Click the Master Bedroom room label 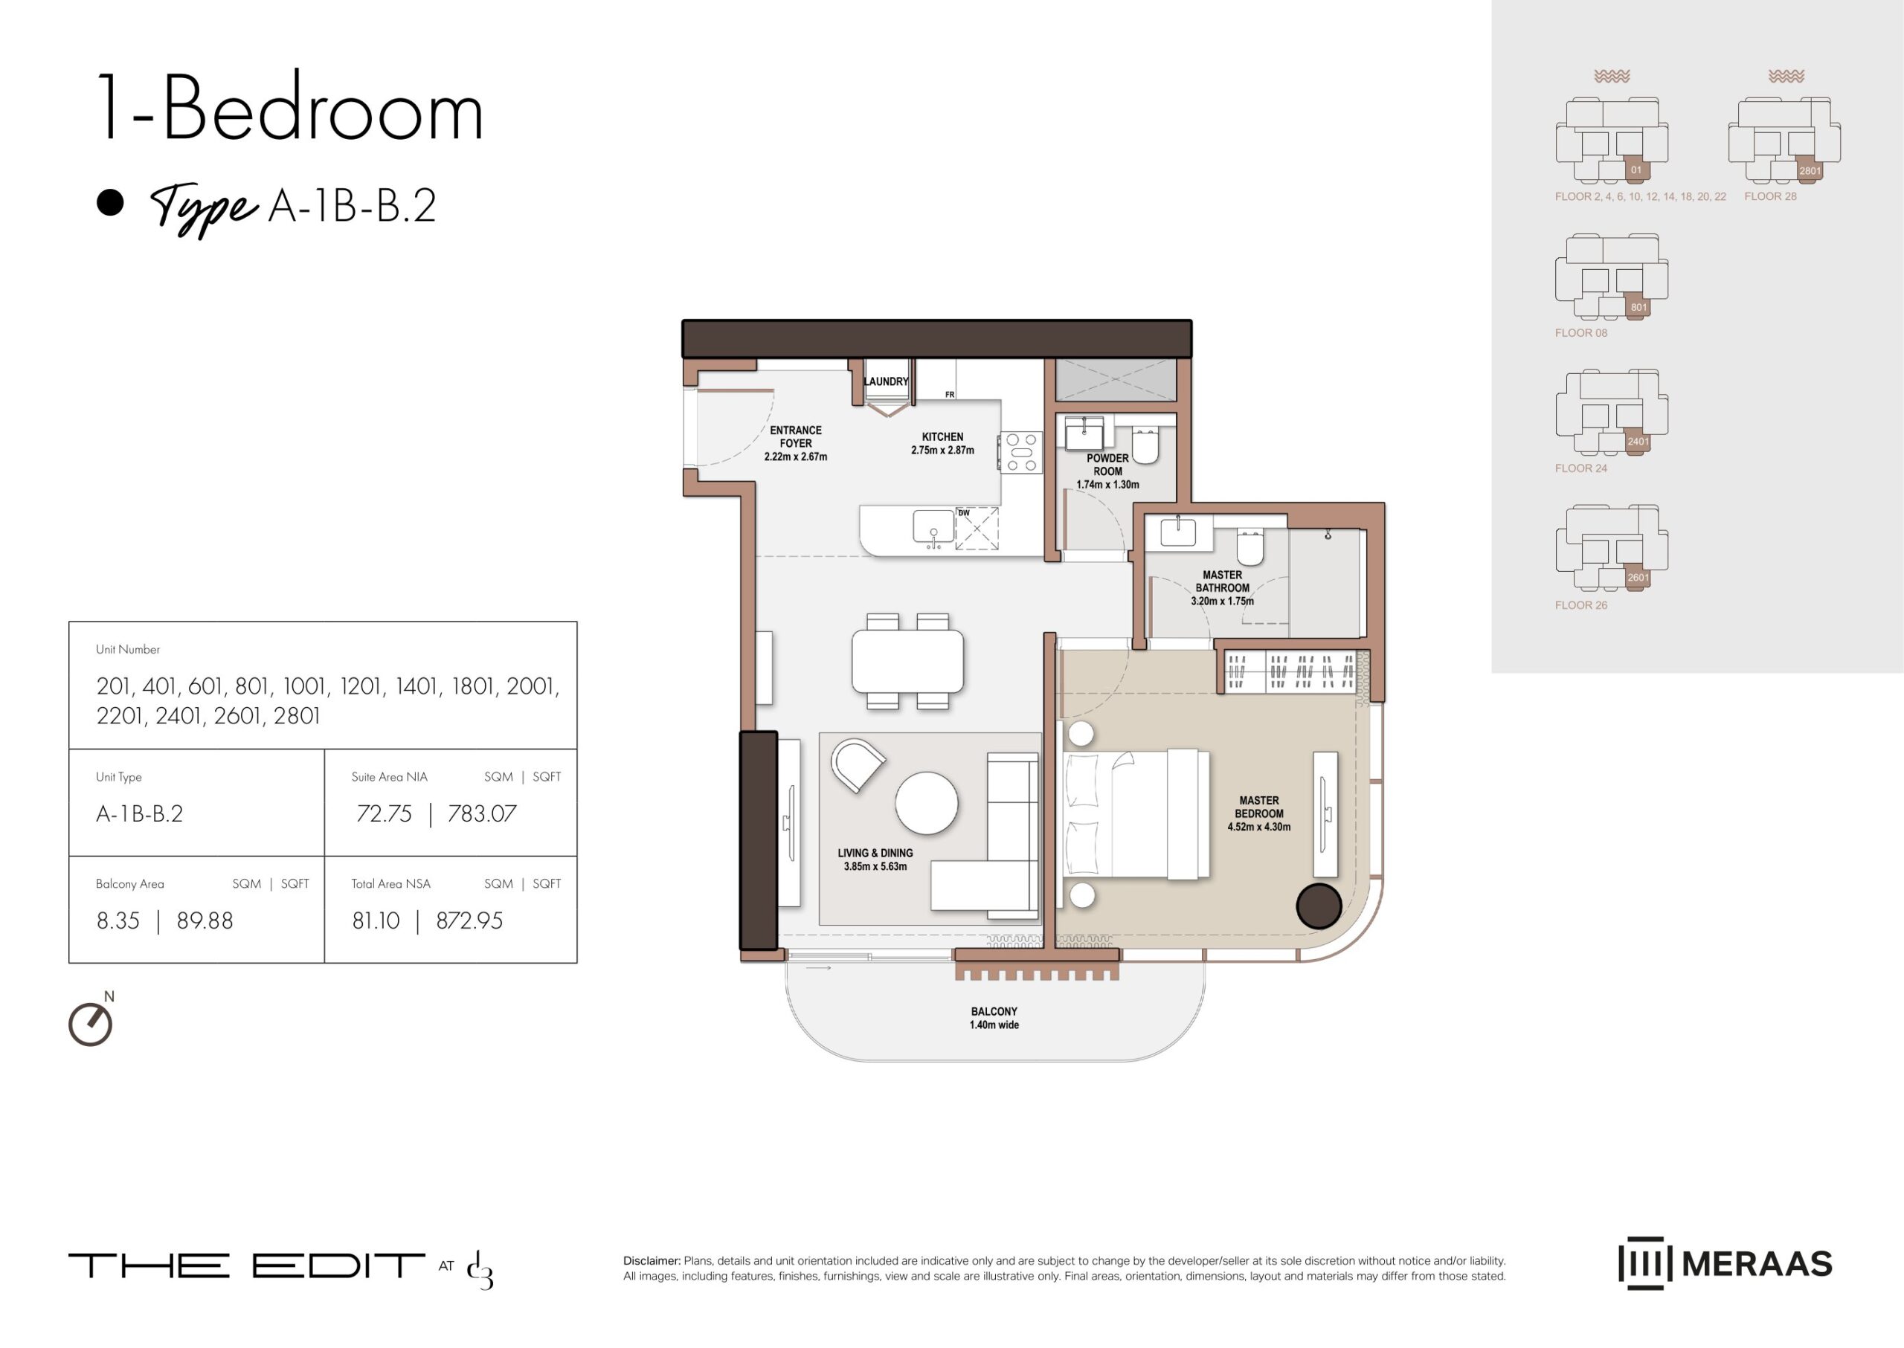pos(1259,813)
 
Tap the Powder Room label pos(1107,471)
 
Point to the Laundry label pos(886,382)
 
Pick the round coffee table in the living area pos(927,803)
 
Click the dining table pos(907,661)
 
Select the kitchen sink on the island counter pos(933,527)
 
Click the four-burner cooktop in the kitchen pos(1021,452)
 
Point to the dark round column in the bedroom pos(1319,906)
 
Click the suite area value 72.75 pos(384,813)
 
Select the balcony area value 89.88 pos(205,920)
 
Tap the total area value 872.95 pos(469,920)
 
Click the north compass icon pos(91,1022)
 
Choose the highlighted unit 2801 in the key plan pos(1810,169)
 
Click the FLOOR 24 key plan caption pos(1581,468)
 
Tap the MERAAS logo pos(1725,1263)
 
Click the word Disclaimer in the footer pos(652,1261)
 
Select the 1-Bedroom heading pos(291,108)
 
